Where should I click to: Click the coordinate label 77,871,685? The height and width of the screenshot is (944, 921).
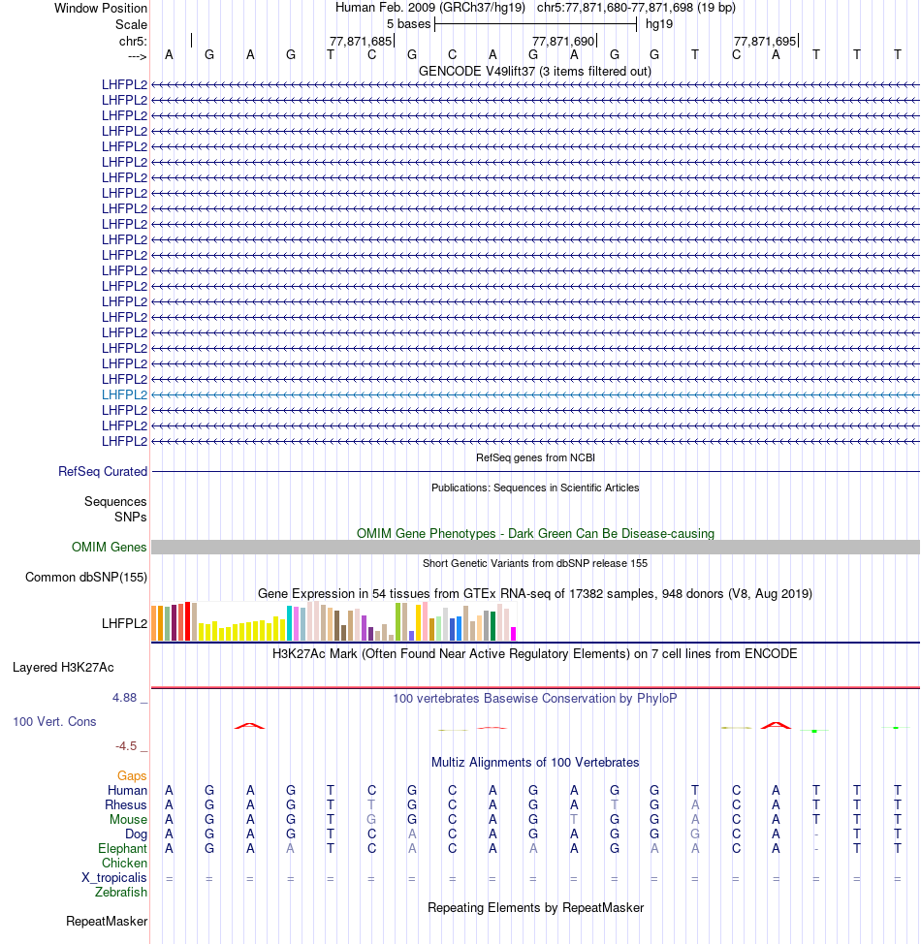361,41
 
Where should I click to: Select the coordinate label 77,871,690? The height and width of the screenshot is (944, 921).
563,41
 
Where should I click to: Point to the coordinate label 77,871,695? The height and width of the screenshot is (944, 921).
765,41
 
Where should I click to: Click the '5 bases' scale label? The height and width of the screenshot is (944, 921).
408,23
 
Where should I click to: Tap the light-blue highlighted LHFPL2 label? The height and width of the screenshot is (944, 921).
124,394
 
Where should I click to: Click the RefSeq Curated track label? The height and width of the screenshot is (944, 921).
103,471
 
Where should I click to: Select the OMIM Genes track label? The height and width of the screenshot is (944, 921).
110,548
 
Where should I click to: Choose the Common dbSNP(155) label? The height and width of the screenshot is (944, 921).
86,578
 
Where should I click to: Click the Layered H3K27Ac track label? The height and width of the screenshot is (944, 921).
63,667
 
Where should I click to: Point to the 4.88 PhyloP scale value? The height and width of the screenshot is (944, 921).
126,697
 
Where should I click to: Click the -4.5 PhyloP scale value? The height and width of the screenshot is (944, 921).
127,746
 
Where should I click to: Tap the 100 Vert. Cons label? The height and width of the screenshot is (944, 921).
54,722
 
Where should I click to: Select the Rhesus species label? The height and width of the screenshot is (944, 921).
126,804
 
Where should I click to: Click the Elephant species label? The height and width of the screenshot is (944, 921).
122,848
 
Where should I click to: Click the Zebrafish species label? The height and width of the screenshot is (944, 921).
121,892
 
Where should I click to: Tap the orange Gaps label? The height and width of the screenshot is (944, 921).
132,775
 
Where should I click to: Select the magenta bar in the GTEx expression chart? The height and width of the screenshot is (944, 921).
514,633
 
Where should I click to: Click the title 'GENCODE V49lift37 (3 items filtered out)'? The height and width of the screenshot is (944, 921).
535,71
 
